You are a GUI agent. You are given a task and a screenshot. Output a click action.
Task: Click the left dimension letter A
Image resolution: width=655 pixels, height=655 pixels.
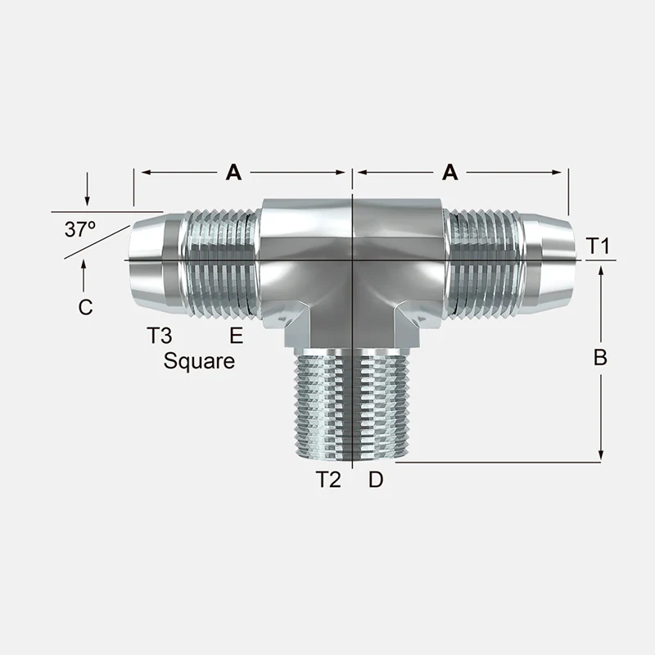point(233,172)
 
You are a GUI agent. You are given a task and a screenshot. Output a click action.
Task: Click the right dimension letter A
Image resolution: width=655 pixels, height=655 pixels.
point(449,172)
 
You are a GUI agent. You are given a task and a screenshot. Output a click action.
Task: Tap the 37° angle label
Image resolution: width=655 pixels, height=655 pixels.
point(79,229)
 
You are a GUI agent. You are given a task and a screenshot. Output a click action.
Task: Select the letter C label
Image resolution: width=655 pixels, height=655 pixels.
point(85,308)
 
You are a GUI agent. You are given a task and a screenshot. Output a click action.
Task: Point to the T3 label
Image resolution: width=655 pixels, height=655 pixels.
point(159,335)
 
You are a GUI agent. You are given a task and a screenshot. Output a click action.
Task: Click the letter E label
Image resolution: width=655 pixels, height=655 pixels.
point(237,335)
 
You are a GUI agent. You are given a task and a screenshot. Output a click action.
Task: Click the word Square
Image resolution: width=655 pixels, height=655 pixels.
point(199,361)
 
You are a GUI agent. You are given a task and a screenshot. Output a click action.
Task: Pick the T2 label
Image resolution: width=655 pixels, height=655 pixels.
point(328,480)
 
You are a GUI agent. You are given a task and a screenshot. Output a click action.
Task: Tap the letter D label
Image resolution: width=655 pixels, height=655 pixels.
point(376,480)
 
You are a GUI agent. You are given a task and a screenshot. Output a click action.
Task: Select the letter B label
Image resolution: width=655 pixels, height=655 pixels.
point(600,358)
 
